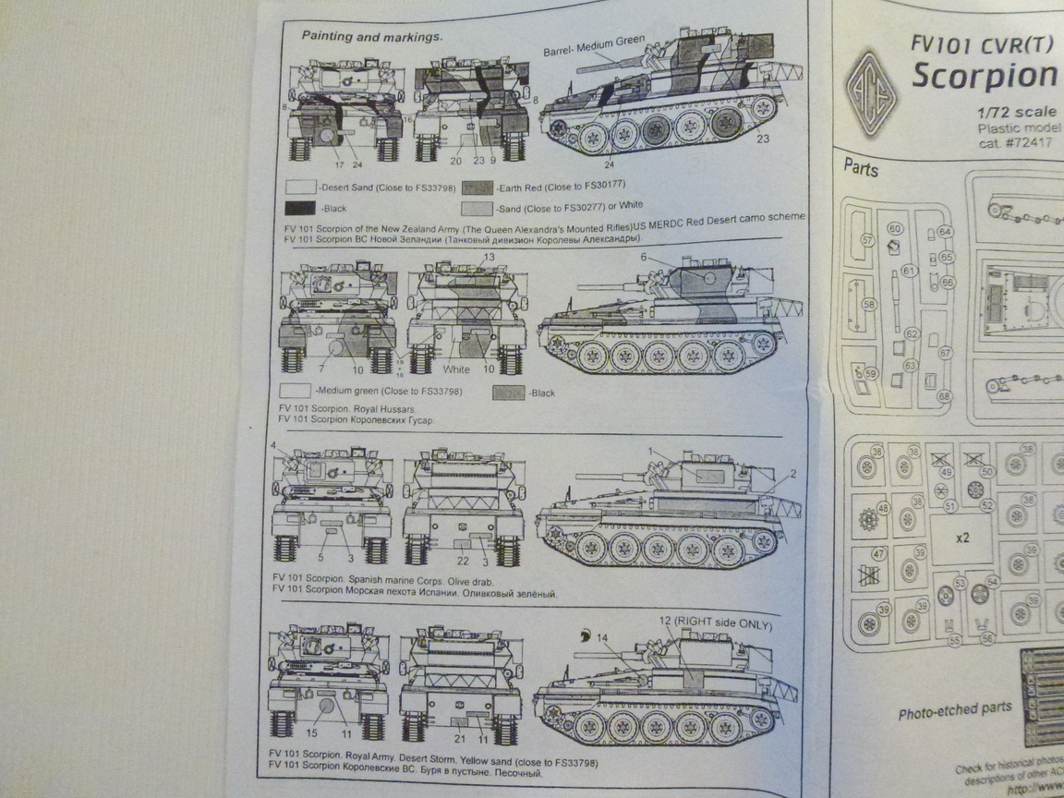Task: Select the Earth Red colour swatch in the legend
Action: tap(478, 185)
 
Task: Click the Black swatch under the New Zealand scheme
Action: tap(303, 207)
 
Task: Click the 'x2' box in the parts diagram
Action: tap(961, 537)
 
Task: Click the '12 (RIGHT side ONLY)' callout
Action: tap(717, 624)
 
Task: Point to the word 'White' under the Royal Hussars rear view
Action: tap(456, 369)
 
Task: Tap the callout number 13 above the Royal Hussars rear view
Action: tap(488, 256)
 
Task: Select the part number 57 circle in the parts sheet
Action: tap(866, 240)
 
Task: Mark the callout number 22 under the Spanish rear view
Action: tap(464, 561)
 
